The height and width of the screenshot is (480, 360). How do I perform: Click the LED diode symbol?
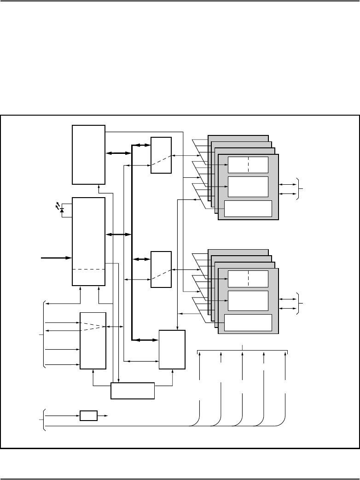tap(62, 210)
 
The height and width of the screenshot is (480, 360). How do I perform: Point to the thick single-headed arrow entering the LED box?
tap(56, 258)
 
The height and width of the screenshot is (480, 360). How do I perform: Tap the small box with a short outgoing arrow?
tap(89, 416)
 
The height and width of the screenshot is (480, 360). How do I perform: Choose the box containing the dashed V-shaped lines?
tap(93, 340)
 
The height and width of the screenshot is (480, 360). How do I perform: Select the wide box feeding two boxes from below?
tap(133, 391)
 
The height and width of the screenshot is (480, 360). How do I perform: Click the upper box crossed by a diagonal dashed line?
tap(161, 155)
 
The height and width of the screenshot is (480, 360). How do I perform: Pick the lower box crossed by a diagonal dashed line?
tap(161, 269)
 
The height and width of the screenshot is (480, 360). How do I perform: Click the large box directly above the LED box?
tap(89, 154)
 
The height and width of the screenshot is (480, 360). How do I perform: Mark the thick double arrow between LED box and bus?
tap(119, 235)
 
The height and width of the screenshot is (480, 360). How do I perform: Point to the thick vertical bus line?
tap(132, 240)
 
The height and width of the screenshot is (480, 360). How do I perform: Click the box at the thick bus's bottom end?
tap(172, 349)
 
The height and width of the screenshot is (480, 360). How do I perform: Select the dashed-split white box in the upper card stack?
tap(248, 164)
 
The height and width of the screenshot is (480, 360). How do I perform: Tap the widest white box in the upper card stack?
tap(248, 209)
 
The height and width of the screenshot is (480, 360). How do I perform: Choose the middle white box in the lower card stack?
tap(248, 300)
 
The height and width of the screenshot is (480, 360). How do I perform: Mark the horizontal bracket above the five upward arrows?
tap(243, 351)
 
